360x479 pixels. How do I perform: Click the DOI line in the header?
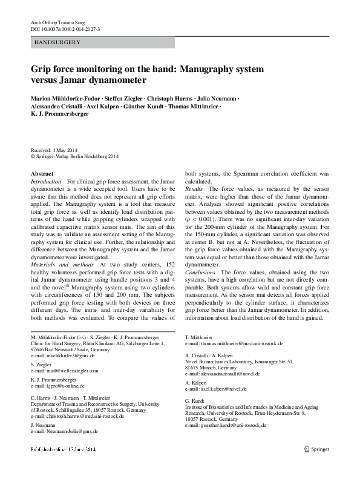click(x=66, y=29)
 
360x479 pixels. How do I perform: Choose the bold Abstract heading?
click(x=42, y=174)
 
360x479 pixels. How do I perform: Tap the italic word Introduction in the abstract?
click(x=46, y=182)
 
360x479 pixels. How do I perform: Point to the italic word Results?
click(x=194, y=190)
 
